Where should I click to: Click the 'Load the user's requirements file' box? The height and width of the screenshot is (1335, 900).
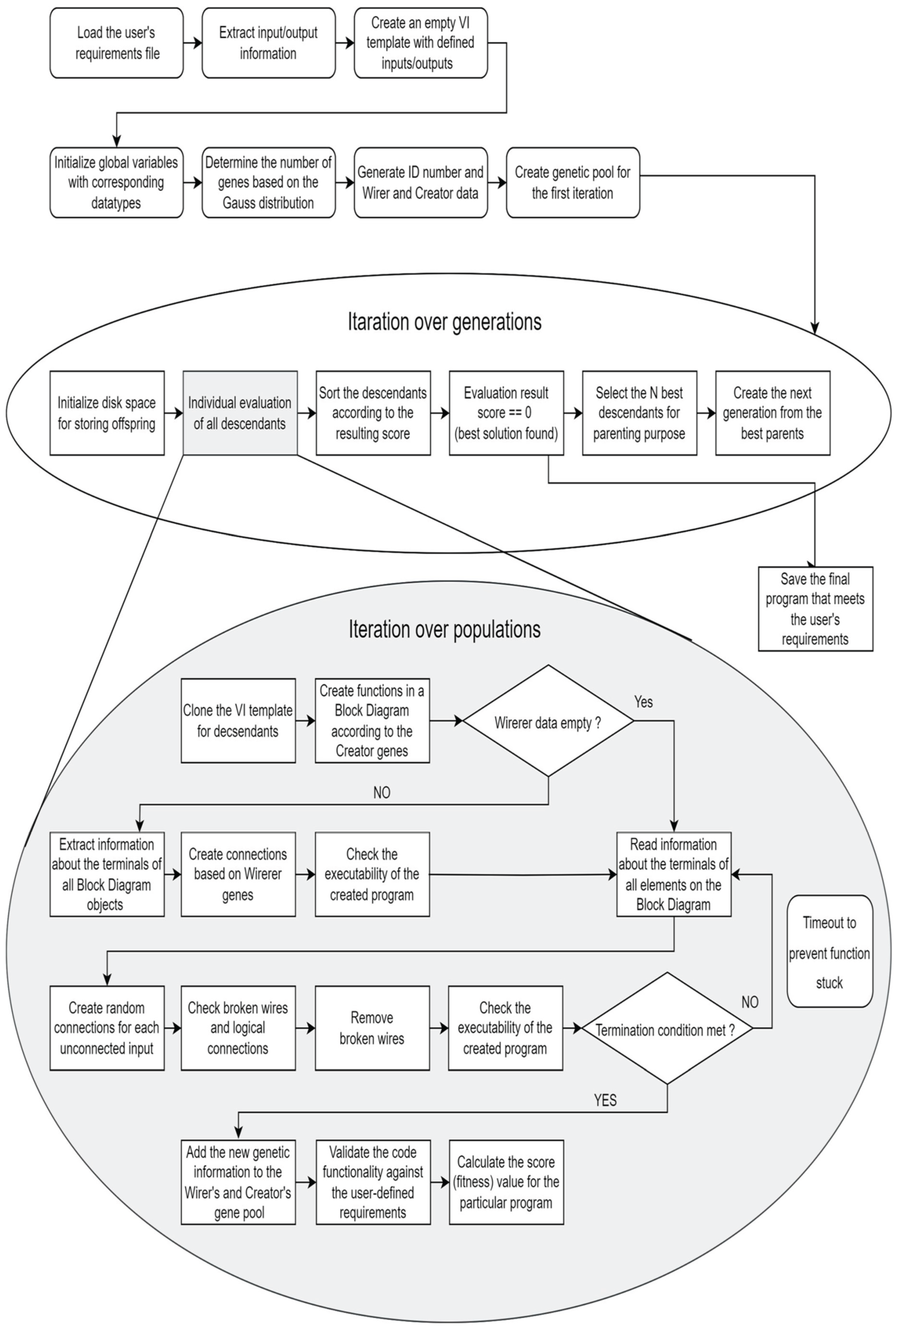[117, 43]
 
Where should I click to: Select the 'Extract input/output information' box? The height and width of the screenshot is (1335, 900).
[268, 43]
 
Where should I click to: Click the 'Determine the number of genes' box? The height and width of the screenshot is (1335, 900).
[268, 183]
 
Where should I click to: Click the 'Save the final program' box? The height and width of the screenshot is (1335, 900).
[815, 609]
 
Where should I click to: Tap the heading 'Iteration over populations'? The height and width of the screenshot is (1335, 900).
[444, 629]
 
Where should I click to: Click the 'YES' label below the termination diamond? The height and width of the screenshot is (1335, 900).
[605, 1100]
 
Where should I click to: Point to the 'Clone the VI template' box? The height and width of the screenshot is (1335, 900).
[238, 721]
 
